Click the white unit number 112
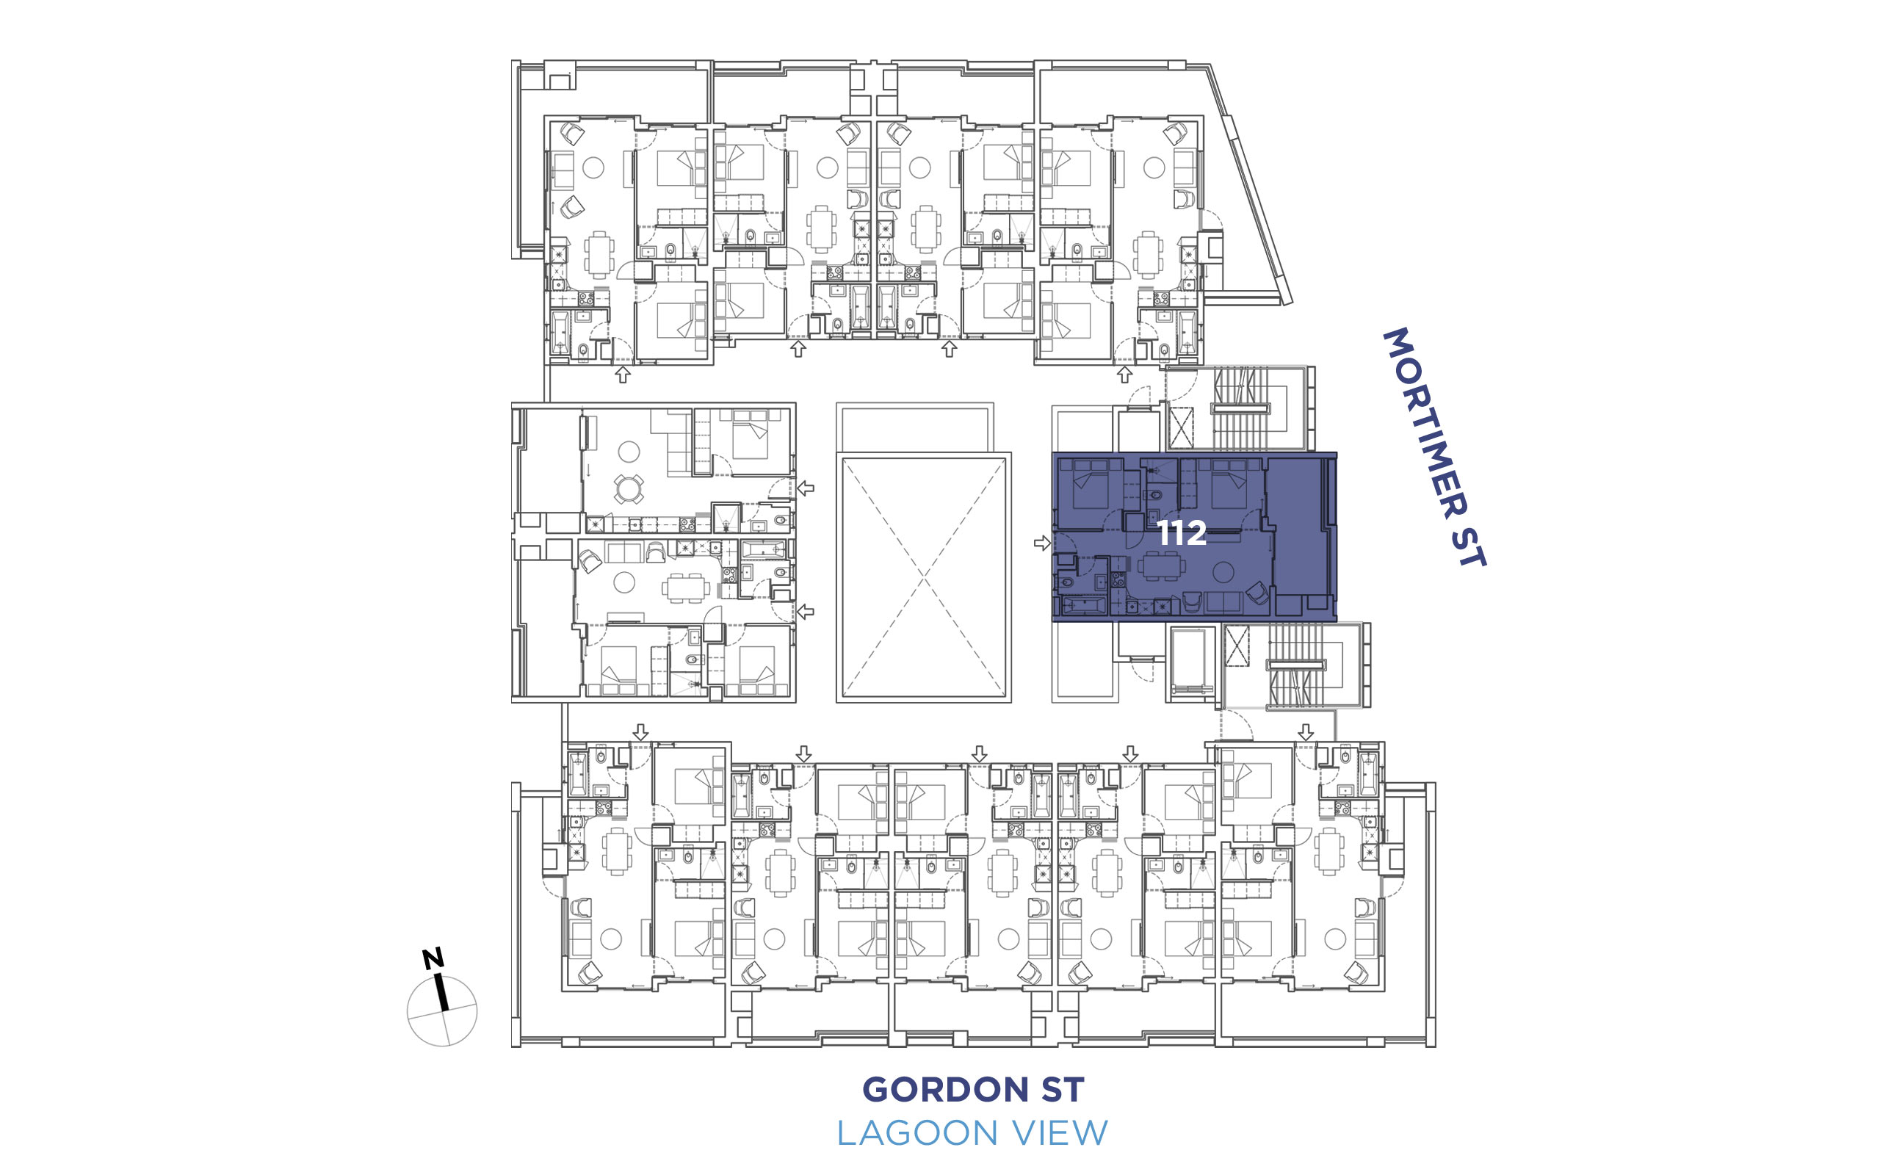point(1181,533)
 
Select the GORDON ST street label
point(972,1090)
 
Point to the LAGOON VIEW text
point(972,1133)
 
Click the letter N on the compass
point(433,958)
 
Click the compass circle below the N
point(442,1011)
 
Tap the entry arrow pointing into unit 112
point(1042,543)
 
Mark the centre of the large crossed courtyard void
point(924,577)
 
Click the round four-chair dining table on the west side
point(629,490)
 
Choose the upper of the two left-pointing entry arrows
point(806,488)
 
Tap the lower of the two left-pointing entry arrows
point(806,612)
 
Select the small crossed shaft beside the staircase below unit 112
point(1236,646)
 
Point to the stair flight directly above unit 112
point(1240,409)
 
